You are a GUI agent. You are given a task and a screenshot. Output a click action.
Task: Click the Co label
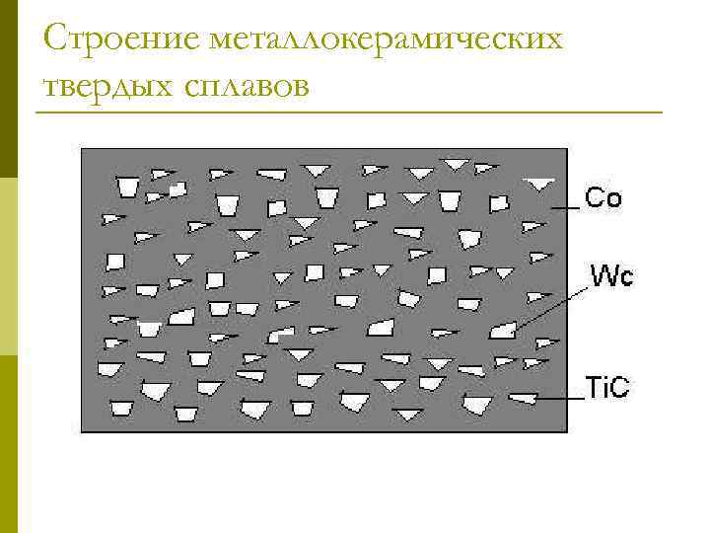tap(603, 198)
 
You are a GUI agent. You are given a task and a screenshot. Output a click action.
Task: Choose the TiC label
tap(606, 388)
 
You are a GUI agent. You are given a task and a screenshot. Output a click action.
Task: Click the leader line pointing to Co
tap(564, 208)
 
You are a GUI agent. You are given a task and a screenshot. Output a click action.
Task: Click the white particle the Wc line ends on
tap(503, 330)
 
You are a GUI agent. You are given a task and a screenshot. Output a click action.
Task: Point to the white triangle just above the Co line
tap(538, 184)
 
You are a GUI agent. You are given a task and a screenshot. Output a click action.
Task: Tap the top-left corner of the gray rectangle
tap(82, 149)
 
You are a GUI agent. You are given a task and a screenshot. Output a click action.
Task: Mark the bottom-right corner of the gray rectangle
tap(567, 431)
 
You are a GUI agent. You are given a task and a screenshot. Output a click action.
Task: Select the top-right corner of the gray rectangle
tap(567, 149)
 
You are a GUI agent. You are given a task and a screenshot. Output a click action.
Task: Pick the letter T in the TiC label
tap(593, 388)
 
